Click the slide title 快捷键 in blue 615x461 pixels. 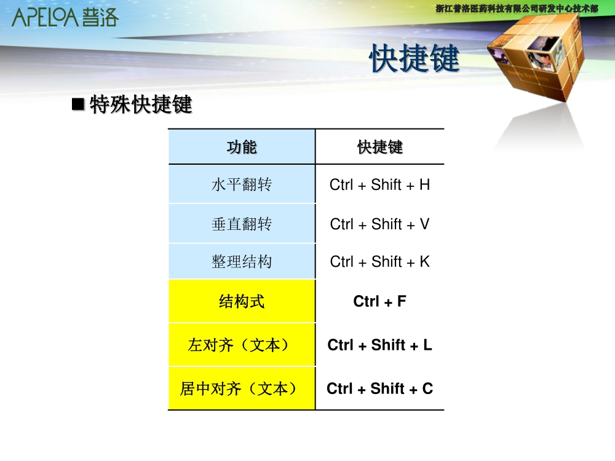coord(414,58)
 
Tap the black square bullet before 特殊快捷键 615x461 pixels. coord(78,104)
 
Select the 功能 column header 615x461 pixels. coord(242,147)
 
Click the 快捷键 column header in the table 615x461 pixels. coord(379,147)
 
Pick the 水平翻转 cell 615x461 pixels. coord(242,184)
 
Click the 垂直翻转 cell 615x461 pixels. coord(242,224)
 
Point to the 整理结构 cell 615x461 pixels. coord(242,261)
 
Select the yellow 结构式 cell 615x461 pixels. coord(242,301)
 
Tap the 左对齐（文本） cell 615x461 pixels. coord(242,345)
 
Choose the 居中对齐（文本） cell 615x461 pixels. coord(242,388)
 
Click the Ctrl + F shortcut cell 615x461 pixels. coord(379,301)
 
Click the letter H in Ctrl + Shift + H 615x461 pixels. coord(425,184)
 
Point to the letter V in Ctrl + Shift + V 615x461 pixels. coord(425,224)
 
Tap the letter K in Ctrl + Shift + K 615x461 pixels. coord(425,261)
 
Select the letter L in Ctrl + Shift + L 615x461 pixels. coord(427,345)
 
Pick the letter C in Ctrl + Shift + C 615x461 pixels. coord(427,388)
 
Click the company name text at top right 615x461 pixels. coord(517,9)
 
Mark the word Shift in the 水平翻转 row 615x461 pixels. coord(386,184)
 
